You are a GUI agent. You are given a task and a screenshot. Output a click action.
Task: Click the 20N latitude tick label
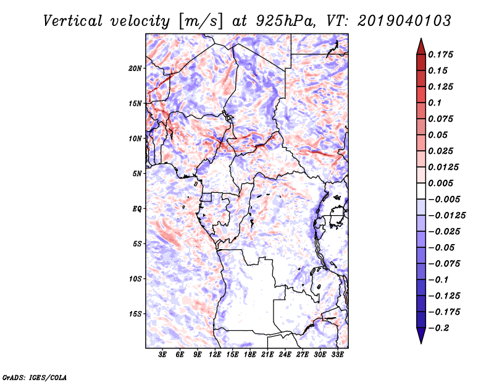pyautogui.click(x=136, y=68)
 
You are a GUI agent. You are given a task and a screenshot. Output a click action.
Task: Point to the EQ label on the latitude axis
pyautogui.click(x=137, y=208)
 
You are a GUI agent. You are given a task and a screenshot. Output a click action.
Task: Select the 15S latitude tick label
pyautogui.click(x=136, y=313)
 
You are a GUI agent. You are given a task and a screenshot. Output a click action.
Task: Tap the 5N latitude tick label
pyautogui.click(x=138, y=173)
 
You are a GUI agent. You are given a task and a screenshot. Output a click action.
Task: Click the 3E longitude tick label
pyautogui.click(x=163, y=355)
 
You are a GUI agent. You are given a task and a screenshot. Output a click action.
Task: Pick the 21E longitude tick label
pyautogui.click(x=267, y=355)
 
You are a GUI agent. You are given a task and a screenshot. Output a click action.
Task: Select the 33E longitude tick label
pyautogui.click(x=337, y=355)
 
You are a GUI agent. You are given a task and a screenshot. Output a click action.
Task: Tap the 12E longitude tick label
pyautogui.click(x=215, y=355)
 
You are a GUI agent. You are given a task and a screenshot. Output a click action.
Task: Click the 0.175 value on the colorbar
pyautogui.click(x=442, y=54)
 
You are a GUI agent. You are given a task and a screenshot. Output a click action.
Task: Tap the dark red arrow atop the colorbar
pyautogui.click(x=421, y=45)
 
